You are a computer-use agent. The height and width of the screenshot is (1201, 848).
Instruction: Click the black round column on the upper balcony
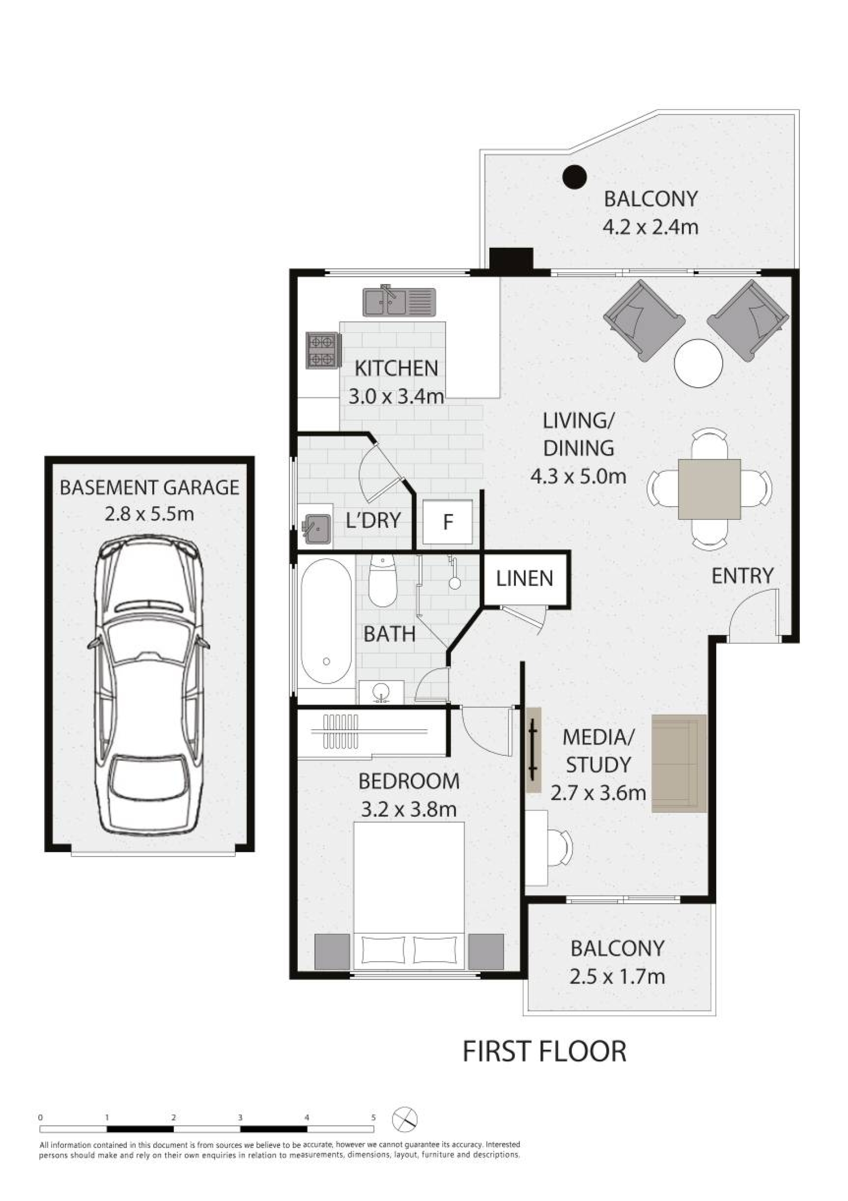575,176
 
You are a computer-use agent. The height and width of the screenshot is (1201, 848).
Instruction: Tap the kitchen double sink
399,302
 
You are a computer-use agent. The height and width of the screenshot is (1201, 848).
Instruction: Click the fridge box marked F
447,522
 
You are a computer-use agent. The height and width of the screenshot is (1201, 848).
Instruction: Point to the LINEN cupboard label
524,579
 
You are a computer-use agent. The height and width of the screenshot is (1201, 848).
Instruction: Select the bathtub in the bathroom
326,621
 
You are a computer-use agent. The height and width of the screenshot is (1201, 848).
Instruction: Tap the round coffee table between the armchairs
698,363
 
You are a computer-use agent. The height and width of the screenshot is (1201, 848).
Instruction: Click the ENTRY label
742,576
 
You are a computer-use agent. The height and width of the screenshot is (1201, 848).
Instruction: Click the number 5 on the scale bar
374,1117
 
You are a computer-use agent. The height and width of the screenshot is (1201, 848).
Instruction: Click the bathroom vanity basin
380,692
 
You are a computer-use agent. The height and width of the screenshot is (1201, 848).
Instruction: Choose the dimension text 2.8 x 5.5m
149,514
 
